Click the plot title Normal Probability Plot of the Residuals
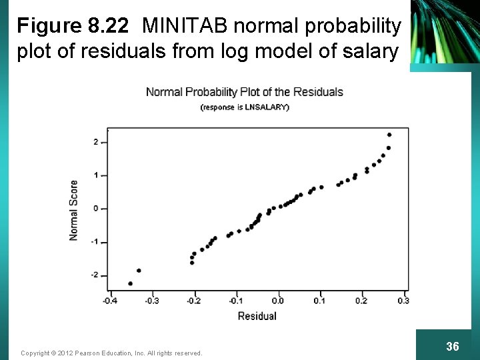[x=244, y=92]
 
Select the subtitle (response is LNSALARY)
[x=245, y=107]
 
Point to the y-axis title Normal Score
[x=73, y=210]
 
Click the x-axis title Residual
[x=257, y=316]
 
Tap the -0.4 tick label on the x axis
[x=109, y=301]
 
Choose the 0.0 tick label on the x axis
[x=278, y=301]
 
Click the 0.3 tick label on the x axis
[x=403, y=301]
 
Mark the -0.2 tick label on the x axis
[x=193, y=301]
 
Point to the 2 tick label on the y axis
[x=96, y=142]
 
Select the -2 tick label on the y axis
[x=95, y=275]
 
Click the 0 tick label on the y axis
[x=96, y=209]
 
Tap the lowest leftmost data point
[x=131, y=283]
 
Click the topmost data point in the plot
[x=389, y=135]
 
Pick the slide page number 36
[x=452, y=346]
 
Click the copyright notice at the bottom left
[x=111, y=353]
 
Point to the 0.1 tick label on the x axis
[x=320, y=301]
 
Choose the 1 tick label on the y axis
[x=96, y=175]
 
